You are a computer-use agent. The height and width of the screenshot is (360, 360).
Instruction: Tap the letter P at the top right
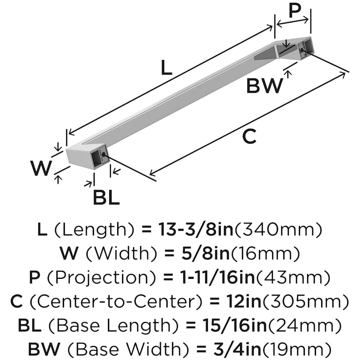295,11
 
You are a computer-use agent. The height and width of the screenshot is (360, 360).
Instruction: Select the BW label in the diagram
264,86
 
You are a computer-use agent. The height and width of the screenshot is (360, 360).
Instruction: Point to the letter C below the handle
249,137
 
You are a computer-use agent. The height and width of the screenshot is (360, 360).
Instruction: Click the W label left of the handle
42,168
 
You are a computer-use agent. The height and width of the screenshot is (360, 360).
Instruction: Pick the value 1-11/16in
206,277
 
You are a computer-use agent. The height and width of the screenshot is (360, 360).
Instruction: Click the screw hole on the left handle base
104,154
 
